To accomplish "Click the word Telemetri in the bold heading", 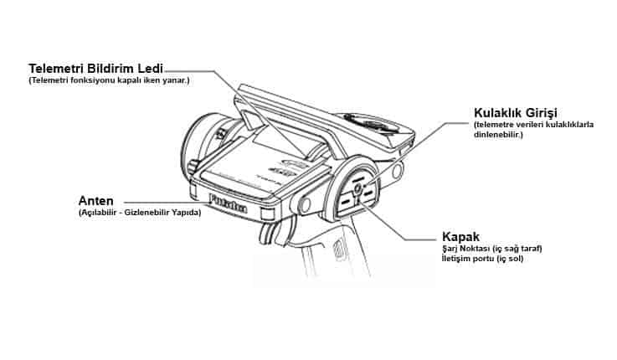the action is (56, 69).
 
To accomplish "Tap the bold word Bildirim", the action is (111, 69).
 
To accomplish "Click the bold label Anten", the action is (95, 201).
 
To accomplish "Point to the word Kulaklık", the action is (497, 113).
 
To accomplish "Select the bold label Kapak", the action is (460, 237).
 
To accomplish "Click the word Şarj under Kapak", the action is (450, 249).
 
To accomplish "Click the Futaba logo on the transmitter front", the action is (229, 203).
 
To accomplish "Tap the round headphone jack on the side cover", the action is (357, 189).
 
